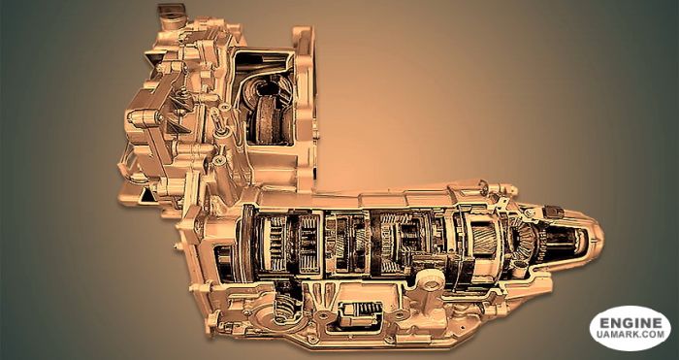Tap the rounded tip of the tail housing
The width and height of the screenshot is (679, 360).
pyautogui.click(x=594, y=236)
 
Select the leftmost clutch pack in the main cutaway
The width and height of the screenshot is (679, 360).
pyautogui.click(x=277, y=242)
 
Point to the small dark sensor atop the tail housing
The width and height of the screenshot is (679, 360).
pyautogui.click(x=553, y=211)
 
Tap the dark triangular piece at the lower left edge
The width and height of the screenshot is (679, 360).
pyautogui.click(x=145, y=194)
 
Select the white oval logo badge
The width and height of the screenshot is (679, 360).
pyautogui.click(x=630, y=328)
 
